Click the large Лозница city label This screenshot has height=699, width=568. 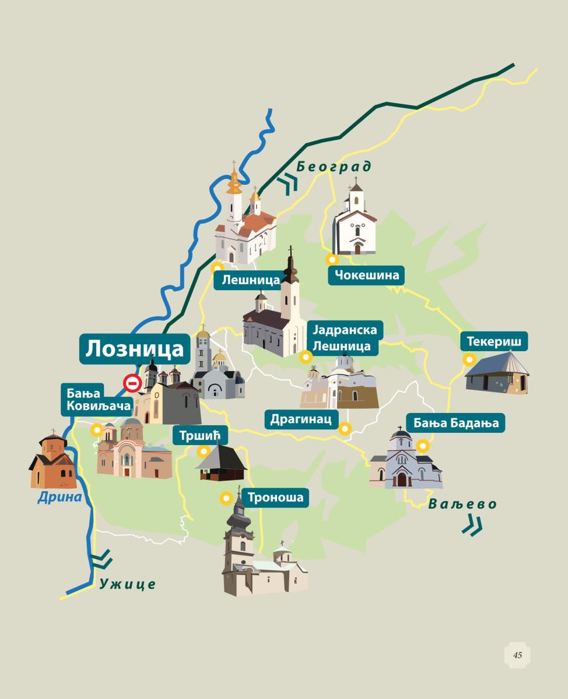click(x=135, y=349)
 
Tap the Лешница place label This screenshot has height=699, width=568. click(x=251, y=280)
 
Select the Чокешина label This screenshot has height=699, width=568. click(x=366, y=275)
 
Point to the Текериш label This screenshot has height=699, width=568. click(x=494, y=341)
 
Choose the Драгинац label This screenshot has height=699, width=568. click(x=301, y=419)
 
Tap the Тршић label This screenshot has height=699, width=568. click(x=199, y=435)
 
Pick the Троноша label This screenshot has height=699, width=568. click(x=275, y=498)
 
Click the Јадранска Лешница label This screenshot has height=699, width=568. click(x=345, y=338)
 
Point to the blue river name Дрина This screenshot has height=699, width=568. click(x=59, y=497)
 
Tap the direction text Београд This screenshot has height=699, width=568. click(x=334, y=167)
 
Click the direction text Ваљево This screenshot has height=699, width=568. click(x=462, y=504)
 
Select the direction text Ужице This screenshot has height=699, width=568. click(x=127, y=583)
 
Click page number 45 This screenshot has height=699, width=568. click(x=517, y=655)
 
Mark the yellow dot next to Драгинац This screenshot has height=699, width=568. click(x=345, y=429)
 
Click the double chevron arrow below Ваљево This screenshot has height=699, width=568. click(x=472, y=527)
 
